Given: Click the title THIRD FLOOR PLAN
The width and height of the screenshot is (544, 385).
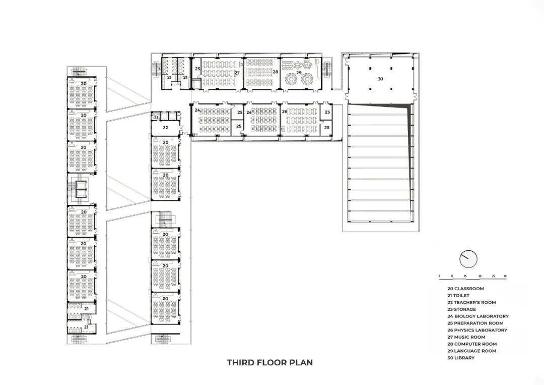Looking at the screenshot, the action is pyautogui.click(x=269, y=362).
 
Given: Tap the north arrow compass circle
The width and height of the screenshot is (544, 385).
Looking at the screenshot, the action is pyautogui.click(x=468, y=259).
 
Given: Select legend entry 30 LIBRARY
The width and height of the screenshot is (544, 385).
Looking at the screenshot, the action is pyautogui.click(x=457, y=358).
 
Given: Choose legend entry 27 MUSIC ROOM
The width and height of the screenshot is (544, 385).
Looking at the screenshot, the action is pyautogui.click(x=462, y=337).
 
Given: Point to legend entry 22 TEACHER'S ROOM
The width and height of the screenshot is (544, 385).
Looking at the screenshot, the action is pyautogui.click(x=467, y=302).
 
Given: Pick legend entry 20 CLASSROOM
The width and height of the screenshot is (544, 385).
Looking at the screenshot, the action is pyautogui.click(x=461, y=289).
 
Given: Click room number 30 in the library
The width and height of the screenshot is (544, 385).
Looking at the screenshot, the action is pyautogui.click(x=380, y=79).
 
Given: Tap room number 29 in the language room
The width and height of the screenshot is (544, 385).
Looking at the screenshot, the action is pyautogui.click(x=299, y=73).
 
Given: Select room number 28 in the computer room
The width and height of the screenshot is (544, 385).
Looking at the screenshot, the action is pyautogui.click(x=276, y=72).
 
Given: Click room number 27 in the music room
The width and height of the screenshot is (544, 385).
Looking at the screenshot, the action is pyautogui.click(x=237, y=73).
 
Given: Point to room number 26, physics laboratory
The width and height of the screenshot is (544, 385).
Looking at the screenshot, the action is pyautogui.click(x=285, y=112).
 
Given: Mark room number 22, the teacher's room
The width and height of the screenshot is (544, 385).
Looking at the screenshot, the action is pyautogui.click(x=165, y=128).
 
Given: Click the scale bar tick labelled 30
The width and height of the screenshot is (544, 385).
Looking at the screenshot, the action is pyautogui.click(x=505, y=277).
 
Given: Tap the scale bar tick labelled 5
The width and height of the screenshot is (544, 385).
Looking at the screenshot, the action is pyautogui.click(x=439, y=277).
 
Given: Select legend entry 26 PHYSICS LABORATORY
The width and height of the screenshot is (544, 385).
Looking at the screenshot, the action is pyautogui.click(x=473, y=330).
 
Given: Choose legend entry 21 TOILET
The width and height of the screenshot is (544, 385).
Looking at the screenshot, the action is pyautogui.click(x=454, y=296).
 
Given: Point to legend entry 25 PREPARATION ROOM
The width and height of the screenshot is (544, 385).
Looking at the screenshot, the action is pyautogui.click(x=471, y=323).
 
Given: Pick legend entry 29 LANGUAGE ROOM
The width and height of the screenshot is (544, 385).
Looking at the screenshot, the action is pyautogui.click(x=467, y=351).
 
